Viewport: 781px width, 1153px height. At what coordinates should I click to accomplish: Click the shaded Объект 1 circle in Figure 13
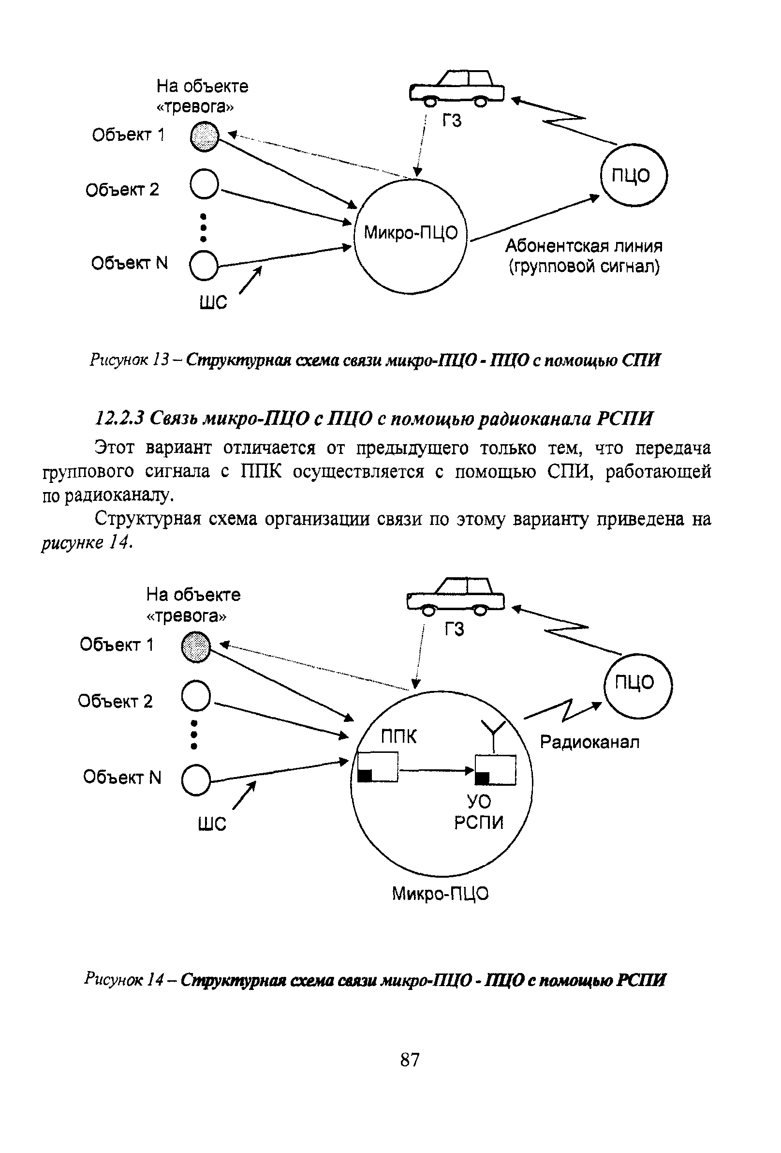(x=204, y=136)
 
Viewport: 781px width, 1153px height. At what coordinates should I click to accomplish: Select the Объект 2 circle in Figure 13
(x=204, y=184)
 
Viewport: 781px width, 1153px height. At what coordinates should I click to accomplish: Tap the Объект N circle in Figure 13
(x=203, y=265)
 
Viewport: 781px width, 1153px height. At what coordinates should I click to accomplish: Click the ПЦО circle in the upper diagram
(x=633, y=175)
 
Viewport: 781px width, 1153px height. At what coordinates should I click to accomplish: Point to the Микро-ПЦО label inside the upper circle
(x=411, y=233)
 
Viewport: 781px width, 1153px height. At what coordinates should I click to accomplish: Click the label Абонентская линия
(x=584, y=246)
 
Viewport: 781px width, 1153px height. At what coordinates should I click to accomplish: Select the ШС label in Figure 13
(x=213, y=301)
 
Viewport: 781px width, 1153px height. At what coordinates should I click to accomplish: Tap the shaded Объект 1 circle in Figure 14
(x=196, y=646)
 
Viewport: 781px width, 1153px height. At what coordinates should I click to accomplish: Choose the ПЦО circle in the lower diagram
(x=637, y=686)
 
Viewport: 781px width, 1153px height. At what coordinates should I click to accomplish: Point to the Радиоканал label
(x=589, y=742)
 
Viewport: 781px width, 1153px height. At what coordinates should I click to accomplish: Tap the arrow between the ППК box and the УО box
(x=436, y=770)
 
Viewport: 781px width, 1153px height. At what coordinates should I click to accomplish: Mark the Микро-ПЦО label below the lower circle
(x=440, y=894)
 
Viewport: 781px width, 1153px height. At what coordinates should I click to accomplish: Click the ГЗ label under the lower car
(x=454, y=629)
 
